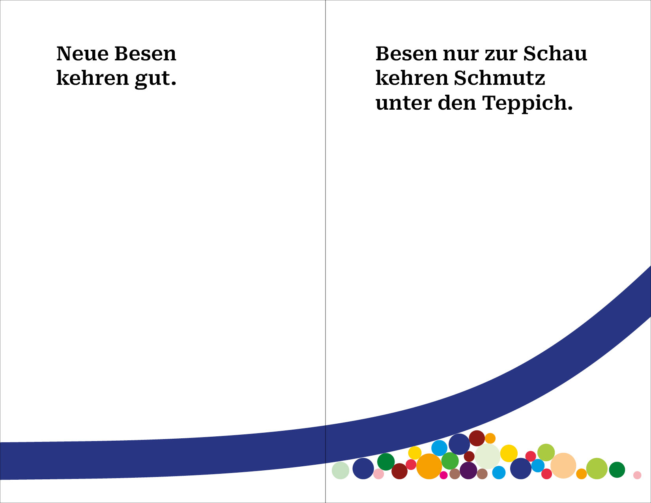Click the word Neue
82,54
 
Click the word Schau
555,54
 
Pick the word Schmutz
499,78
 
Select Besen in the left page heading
145,54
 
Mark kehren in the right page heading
412,78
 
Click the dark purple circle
468,470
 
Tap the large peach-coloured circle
563,466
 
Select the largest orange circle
429,466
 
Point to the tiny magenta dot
443,475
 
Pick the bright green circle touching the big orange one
450,460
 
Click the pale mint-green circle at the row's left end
340,470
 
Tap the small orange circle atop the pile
490,438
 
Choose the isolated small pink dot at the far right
637,475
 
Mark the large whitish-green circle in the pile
487,456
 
